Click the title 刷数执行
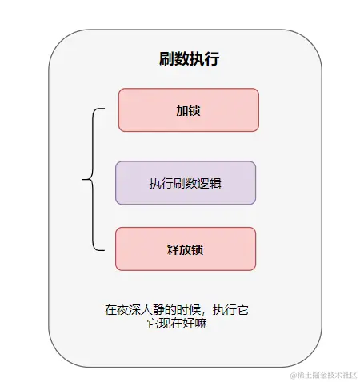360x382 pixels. pyautogui.click(x=190, y=59)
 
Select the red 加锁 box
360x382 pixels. pyautogui.click(x=188, y=109)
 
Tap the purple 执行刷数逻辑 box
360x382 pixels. pyautogui.click(x=185, y=183)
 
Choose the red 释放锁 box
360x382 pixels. pyautogui.click(x=185, y=249)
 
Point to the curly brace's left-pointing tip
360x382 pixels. pyautogui.click(x=82, y=179)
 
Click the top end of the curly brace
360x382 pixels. pyautogui.click(x=105, y=109)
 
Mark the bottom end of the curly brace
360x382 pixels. pyautogui.click(x=105, y=249)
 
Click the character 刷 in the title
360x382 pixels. pyautogui.click(x=166, y=59)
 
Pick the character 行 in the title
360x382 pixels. pyautogui.click(x=212, y=59)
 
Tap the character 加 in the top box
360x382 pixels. pyautogui.click(x=182, y=110)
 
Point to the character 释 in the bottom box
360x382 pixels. pyautogui.click(x=173, y=249)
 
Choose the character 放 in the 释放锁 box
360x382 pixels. pyautogui.click(x=185, y=249)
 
